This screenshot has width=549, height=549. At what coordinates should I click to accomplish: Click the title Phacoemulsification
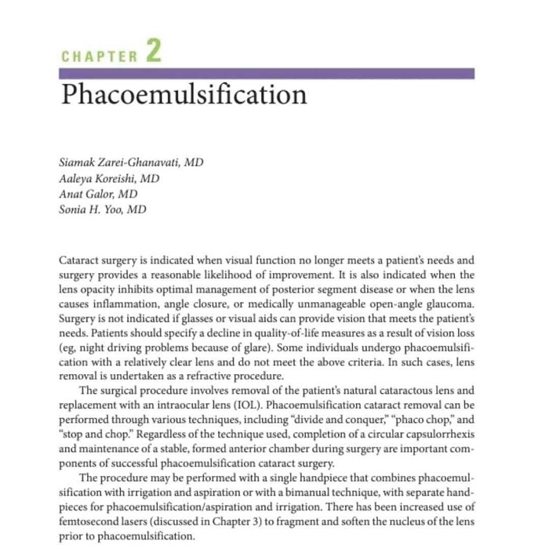click(x=184, y=95)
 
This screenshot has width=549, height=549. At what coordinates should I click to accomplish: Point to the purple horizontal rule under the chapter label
click(x=267, y=73)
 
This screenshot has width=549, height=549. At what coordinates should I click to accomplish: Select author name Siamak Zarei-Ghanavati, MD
click(x=131, y=162)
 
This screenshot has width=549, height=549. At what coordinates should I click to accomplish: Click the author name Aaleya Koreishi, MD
click(x=110, y=178)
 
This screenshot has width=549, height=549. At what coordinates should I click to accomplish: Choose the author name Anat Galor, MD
click(x=99, y=194)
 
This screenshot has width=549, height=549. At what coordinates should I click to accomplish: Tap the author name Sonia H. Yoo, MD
click(x=103, y=209)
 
